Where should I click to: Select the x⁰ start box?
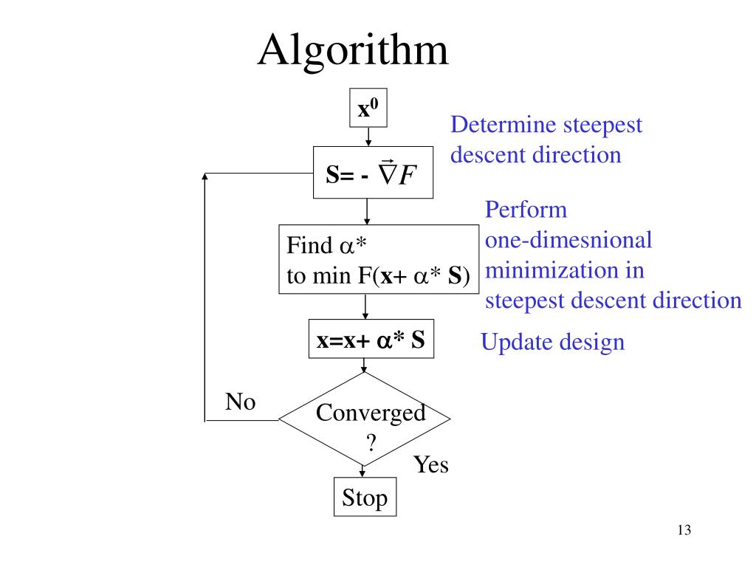[x=368, y=110]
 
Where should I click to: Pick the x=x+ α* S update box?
[x=371, y=341]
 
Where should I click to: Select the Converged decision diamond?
[x=364, y=419]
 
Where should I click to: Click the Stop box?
[x=365, y=498]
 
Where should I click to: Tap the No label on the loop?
[x=240, y=402]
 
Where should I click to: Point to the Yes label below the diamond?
[x=430, y=465]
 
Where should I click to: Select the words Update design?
[x=552, y=343]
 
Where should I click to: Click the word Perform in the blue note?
[x=526, y=210]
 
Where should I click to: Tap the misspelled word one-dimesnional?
[x=568, y=241]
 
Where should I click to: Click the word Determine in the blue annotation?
[x=504, y=125]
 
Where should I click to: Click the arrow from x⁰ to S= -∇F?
[x=368, y=137]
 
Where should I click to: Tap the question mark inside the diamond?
[x=371, y=443]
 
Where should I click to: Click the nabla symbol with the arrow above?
[x=386, y=173]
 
